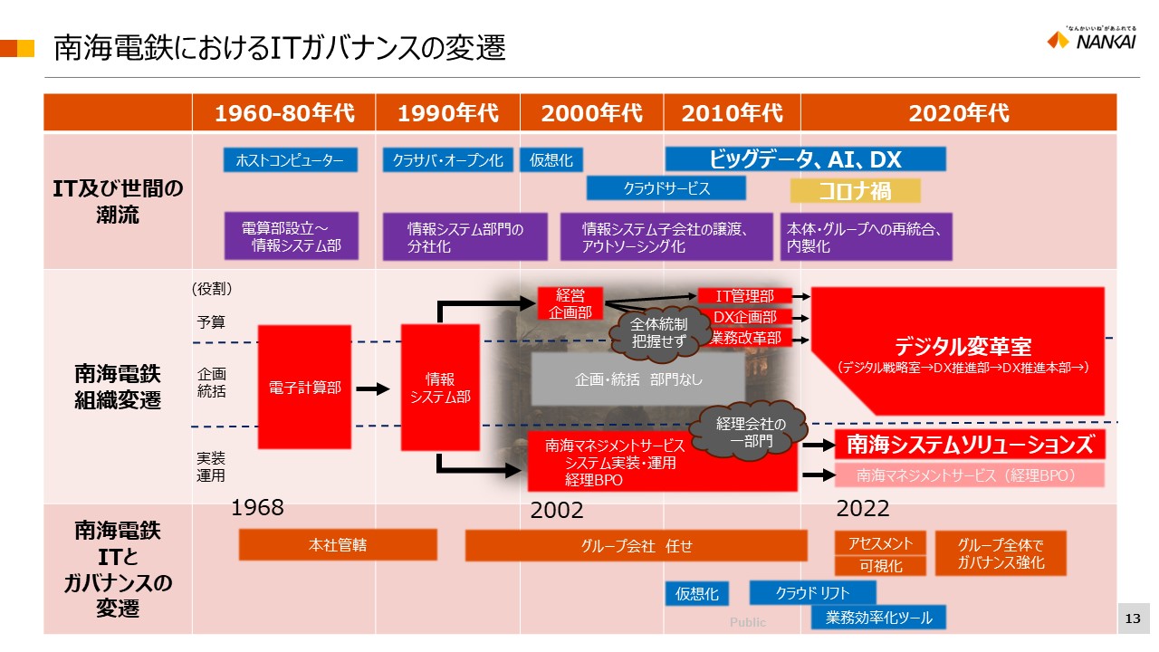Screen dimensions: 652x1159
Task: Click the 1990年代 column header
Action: coord(447,113)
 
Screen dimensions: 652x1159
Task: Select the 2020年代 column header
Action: coord(958,113)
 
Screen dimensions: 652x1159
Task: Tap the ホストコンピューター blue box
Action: coord(290,160)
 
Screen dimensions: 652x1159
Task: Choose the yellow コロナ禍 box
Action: coord(855,190)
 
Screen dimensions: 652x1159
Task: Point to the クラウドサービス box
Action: coord(666,188)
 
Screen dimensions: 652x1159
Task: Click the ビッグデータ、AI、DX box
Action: coord(805,159)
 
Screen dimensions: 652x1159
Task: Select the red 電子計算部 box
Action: coord(304,387)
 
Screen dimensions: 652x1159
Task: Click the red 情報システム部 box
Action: coord(440,388)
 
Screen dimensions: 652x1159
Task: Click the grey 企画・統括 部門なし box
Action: coord(638,379)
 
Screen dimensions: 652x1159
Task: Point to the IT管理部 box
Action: coord(744,295)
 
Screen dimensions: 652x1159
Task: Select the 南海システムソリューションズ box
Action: coord(969,445)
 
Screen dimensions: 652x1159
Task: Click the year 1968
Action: coord(258,508)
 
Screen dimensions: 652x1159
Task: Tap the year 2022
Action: coord(863,508)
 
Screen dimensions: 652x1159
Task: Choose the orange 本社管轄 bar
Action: coord(338,545)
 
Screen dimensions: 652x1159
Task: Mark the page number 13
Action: coord(1132,618)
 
